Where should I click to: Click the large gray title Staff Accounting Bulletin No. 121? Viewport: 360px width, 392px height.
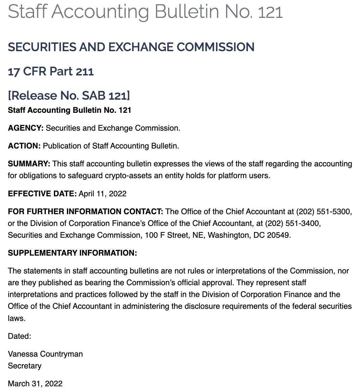pyautogui.click(x=145, y=12)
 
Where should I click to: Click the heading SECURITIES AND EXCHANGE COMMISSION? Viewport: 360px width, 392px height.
pyautogui.click(x=131, y=47)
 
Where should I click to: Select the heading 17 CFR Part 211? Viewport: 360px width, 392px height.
pyautogui.click(x=50, y=71)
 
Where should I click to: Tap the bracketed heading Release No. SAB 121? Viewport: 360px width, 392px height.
pyautogui.click(x=69, y=96)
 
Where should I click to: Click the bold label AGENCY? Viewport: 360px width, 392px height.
pyautogui.click(x=26, y=128)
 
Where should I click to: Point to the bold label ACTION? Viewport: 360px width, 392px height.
pyautogui.click(x=24, y=146)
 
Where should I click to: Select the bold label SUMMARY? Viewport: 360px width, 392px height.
pyautogui.click(x=29, y=164)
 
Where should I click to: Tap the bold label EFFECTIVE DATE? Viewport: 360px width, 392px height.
pyautogui.click(x=42, y=194)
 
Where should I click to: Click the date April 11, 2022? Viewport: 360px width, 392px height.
pyautogui.click(x=103, y=194)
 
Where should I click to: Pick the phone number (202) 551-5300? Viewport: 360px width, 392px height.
pyautogui.click(x=324, y=211)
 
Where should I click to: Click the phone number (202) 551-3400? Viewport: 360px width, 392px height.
pyautogui.click(x=293, y=223)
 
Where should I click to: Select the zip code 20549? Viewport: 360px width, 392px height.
pyautogui.click(x=279, y=235)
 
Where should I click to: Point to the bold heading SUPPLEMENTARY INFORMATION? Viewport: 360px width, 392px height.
pyautogui.click(x=72, y=253)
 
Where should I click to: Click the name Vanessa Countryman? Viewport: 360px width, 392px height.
pyautogui.click(x=45, y=354)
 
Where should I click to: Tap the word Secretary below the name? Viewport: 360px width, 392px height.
pyautogui.click(x=25, y=366)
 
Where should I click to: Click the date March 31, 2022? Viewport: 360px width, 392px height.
pyautogui.click(x=35, y=384)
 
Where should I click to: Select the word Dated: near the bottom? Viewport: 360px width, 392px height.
pyautogui.click(x=19, y=336)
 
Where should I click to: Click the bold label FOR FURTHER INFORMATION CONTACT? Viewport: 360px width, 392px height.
pyautogui.click(x=85, y=211)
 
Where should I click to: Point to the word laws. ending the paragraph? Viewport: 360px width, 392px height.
pyautogui.click(x=16, y=318)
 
